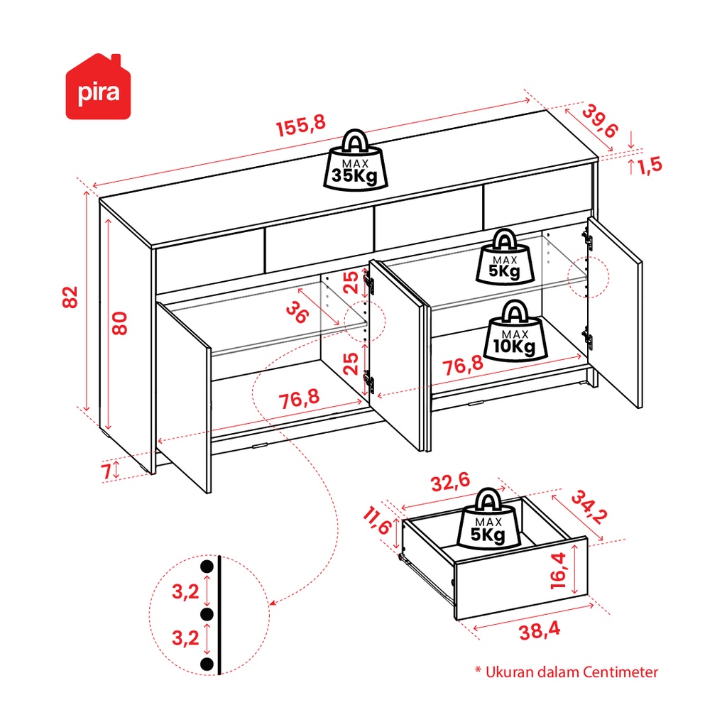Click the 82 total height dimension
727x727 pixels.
point(69,297)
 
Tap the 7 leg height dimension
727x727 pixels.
point(107,469)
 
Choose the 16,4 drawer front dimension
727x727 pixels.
point(558,571)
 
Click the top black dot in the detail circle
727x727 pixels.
point(207,567)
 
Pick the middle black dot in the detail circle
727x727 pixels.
point(207,614)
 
